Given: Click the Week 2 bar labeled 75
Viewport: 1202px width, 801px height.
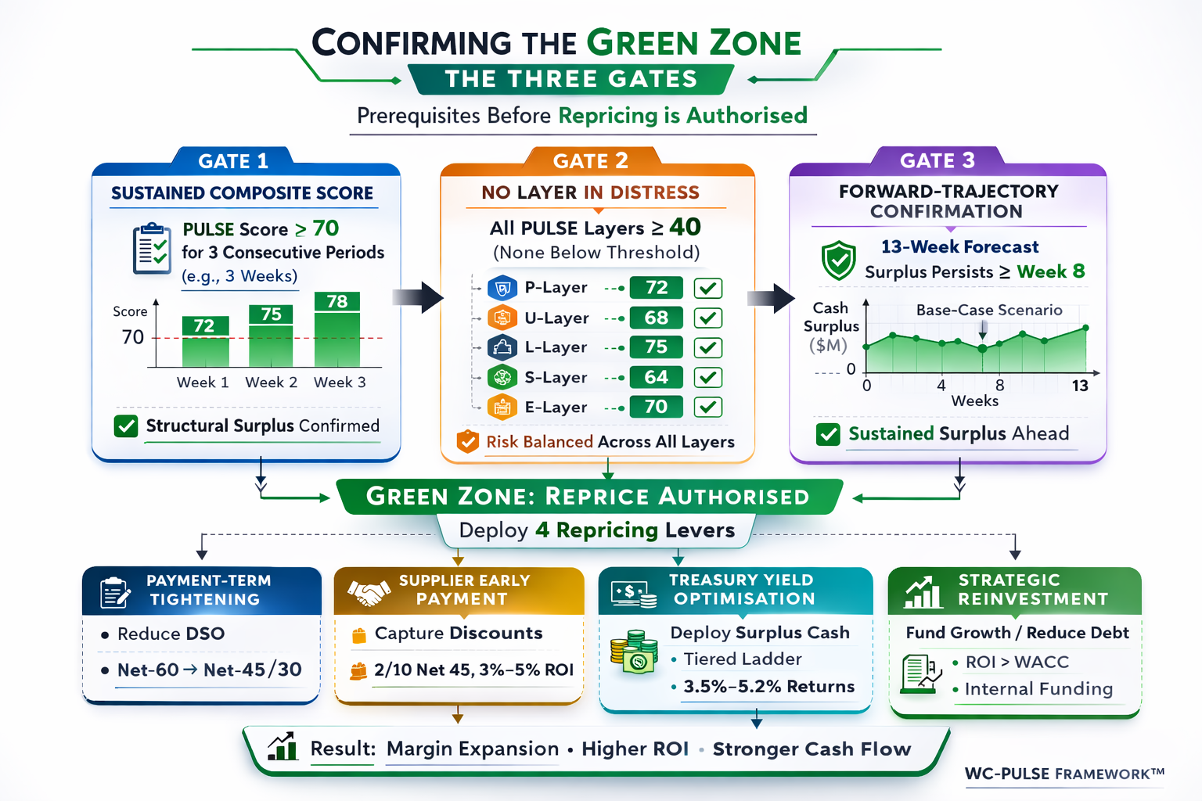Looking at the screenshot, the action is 271,336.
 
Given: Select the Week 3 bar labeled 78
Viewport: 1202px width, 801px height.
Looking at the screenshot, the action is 337,329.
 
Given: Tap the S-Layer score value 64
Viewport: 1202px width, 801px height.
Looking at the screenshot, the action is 657,377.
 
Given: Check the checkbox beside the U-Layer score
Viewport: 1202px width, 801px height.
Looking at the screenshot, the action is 707,318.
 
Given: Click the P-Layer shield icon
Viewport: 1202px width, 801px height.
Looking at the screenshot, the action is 502,288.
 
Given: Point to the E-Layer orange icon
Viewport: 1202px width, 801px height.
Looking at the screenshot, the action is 502,408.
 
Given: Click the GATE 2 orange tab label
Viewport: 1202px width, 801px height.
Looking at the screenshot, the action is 590,160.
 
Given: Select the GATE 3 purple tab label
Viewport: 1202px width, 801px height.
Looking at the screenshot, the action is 937,160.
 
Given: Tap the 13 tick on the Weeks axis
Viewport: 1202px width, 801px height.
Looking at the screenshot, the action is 1080,386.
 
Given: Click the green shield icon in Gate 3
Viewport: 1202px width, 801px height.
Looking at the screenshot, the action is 839,260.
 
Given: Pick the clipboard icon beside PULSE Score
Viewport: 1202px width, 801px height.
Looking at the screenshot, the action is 153,249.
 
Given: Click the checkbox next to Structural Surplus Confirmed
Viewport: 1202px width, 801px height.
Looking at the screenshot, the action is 126,426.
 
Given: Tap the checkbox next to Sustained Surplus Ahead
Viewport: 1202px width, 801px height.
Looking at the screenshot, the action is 828,434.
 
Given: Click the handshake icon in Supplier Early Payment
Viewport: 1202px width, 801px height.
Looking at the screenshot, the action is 369,591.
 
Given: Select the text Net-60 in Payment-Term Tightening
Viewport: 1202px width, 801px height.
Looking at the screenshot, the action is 148,670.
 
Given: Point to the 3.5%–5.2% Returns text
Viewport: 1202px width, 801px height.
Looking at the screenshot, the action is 769,687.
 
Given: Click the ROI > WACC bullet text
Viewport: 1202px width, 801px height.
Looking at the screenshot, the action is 1017,662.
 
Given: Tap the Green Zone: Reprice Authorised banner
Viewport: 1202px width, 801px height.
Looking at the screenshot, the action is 588,496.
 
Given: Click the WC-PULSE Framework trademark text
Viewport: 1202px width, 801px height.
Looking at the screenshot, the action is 1064,774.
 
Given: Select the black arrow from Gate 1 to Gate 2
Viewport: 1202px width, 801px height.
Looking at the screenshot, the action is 417,297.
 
